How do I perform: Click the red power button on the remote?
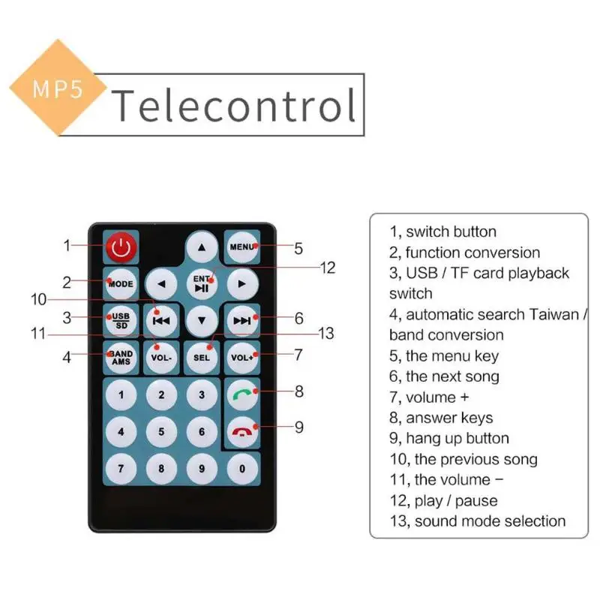tap(121, 246)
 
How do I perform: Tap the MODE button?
tap(121, 283)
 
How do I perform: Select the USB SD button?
tap(121, 319)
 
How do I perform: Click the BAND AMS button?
tap(121, 356)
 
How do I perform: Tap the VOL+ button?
tap(242, 357)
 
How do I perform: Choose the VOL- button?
tap(161, 357)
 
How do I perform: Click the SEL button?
tap(202, 357)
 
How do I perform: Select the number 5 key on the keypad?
tap(161, 431)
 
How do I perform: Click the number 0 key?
tap(242, 469)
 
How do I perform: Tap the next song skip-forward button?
tap(242, 320)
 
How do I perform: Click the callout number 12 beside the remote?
tap(327, 268)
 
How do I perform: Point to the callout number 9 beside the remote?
tap(298, 427)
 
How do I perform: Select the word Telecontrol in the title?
tap(234, 105)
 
